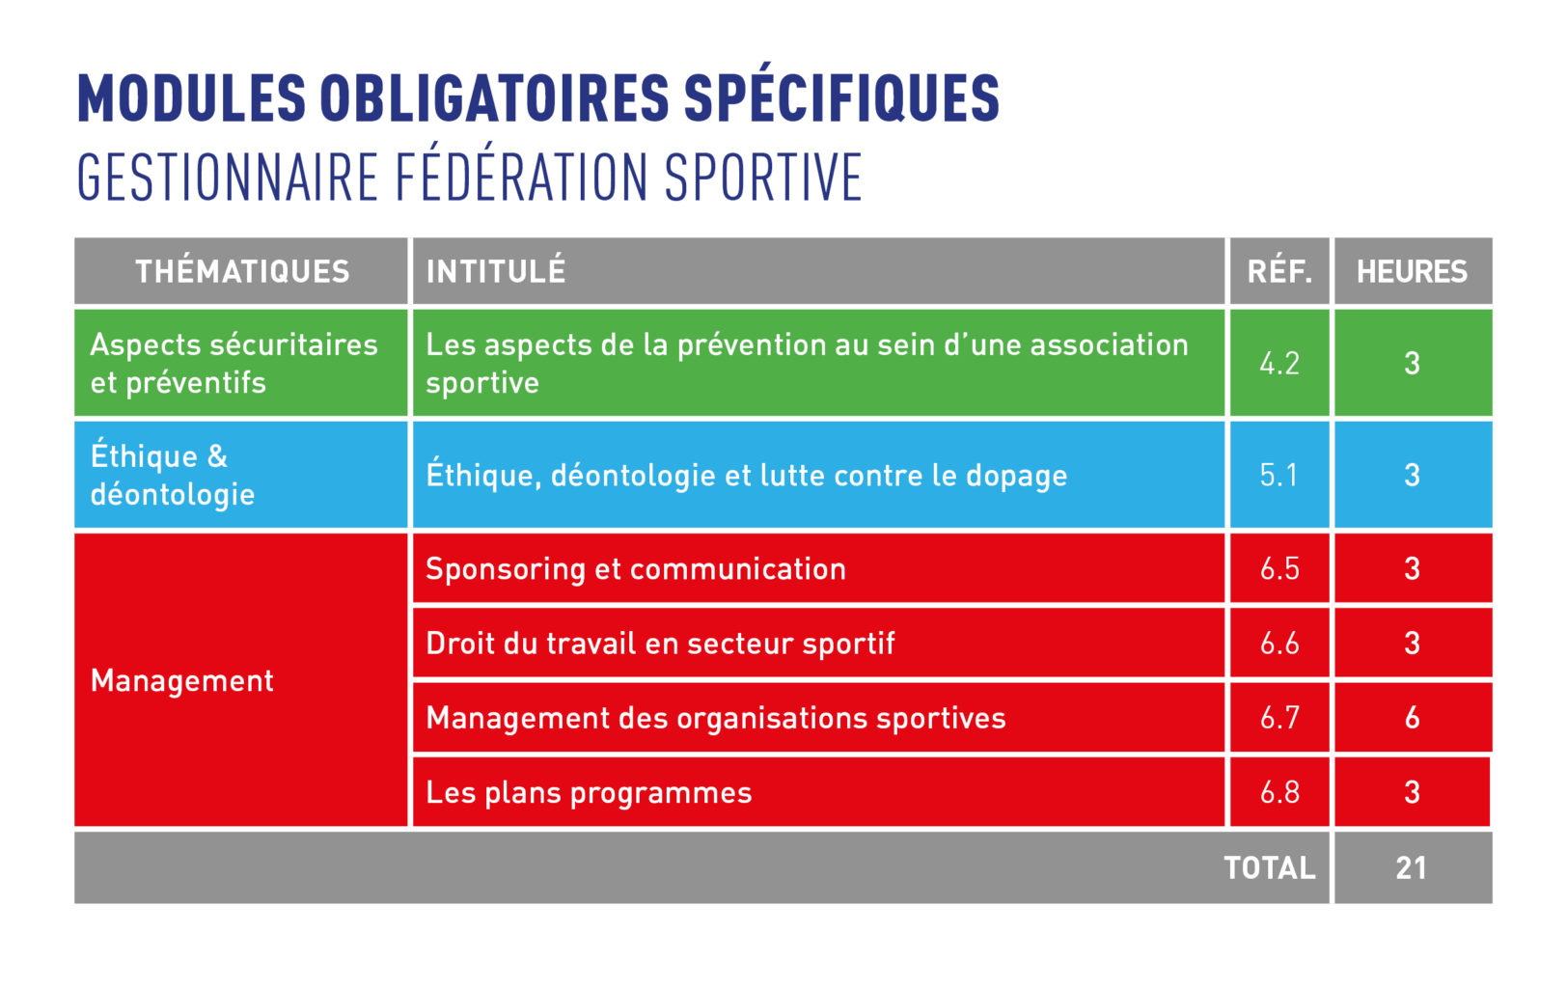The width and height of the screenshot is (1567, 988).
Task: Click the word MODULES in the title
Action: [x=192, y=98]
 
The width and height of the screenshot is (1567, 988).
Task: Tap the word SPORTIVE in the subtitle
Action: [x=762, y=178]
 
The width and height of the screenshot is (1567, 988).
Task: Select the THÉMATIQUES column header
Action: [x=242, y=271]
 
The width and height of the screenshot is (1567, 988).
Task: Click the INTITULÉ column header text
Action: [x=496, y=271]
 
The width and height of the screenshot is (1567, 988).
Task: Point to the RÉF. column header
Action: [x=1279, y=271]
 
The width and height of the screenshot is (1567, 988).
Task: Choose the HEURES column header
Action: [x=1412, y=271]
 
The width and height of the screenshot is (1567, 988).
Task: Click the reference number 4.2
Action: [x=1279, y=363]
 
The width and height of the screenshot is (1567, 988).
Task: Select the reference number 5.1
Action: [x=1278, y=475]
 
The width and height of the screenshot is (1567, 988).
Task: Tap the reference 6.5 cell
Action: [x=1279, y=569]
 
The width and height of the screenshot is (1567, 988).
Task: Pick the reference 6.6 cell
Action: [x=1279, y=643]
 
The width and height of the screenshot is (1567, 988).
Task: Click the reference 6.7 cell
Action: [x=1279, y=718]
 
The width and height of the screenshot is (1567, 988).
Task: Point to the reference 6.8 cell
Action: [x=1279, y=792]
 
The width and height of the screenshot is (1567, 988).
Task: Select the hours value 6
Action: [x=1413, y=718]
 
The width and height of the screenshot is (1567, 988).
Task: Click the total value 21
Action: [x=1411, y=868]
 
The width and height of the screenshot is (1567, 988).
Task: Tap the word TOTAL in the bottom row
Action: [x=1270, y=868]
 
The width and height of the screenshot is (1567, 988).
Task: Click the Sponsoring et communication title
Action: [x=636, y=569]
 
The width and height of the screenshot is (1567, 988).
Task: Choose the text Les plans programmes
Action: [x=589, y=793]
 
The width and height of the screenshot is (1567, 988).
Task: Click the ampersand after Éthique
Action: [x=217, y=456]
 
